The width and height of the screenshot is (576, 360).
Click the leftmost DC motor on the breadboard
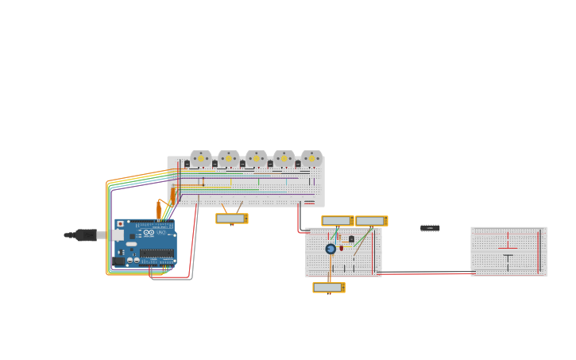(x=200, y=158)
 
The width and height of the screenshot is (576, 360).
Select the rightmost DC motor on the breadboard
(x=311, y=158)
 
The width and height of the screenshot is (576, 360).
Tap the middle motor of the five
(x=256, y=158)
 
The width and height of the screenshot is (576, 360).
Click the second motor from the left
(x=228, y=158)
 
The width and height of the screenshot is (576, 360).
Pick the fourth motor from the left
(x=284, y=158)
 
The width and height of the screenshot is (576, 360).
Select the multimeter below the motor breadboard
(x=231, y=219)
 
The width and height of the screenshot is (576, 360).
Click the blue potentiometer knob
(x=331, y=249)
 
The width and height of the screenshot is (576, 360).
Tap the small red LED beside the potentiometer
(x=342, y=248)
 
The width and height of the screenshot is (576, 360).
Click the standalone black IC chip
(x=430, y=228)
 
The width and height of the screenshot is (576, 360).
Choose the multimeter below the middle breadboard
(x=328, y=288)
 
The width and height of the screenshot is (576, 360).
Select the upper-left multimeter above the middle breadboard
(x=337, y=221)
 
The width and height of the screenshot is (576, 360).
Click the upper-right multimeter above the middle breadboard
(x=371, y=221)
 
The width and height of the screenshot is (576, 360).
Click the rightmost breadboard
(x=508, y=251)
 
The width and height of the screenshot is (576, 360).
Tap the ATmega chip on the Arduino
(x=157, y=254)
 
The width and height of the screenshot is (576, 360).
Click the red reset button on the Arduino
(x=121, y=224)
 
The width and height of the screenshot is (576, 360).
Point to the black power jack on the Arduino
(x=119, y=261)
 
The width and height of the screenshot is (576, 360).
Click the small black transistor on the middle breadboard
(x=351, y=238)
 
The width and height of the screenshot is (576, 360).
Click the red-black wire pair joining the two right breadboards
(x=425, y=273)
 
